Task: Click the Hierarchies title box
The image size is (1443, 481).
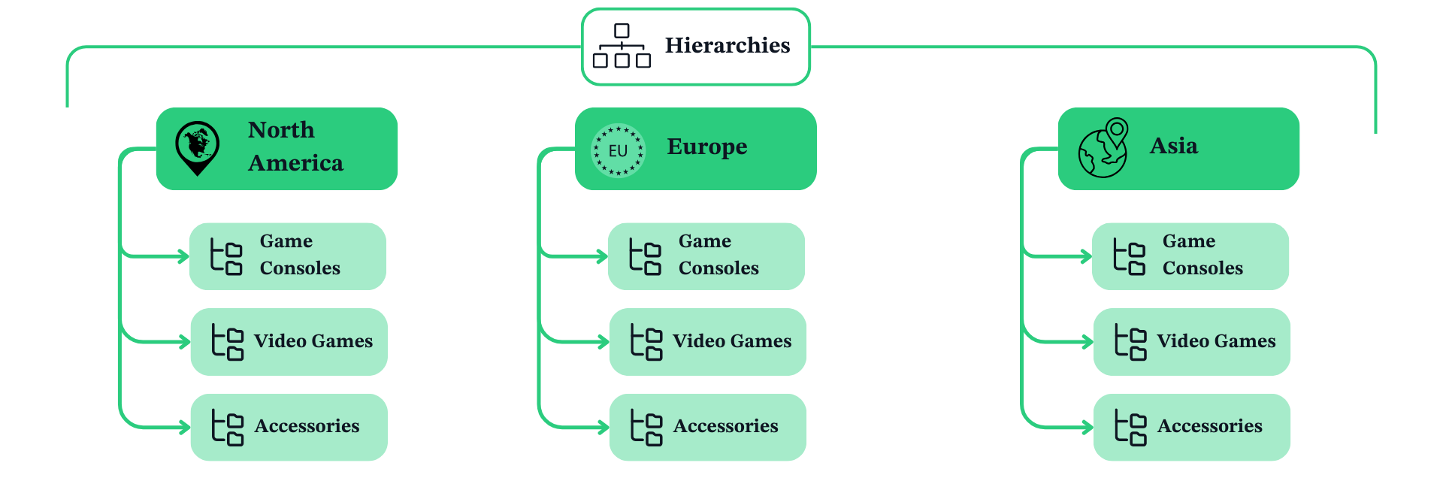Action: pos(696,47)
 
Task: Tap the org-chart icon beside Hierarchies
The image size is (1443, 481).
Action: pos(622,46)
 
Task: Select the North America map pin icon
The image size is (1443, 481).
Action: pos(197,147)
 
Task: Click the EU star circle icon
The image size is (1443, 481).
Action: pos(618,150)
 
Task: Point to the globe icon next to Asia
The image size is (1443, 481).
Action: pos(1103,149)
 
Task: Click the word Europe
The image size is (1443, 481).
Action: pos(706,147)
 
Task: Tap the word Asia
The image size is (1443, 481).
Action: pos(1173,146)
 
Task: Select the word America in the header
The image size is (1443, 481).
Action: pos(295,163)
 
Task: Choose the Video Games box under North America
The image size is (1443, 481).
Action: pos(289,342)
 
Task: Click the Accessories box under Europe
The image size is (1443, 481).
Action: pos(707,427)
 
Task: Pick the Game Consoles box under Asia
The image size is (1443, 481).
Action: pos(1190,256)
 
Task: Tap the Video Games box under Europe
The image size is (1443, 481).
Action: pos(707,342)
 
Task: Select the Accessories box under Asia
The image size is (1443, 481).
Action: pos(1191,427)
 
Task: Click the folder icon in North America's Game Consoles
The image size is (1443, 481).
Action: pos(226,257)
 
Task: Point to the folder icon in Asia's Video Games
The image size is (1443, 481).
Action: pos(1130,342)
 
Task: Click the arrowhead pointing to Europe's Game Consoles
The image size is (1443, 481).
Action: pos(603,257)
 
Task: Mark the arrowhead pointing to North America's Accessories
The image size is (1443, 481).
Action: pos(185,428)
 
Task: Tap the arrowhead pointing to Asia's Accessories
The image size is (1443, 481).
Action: pos(1088,428)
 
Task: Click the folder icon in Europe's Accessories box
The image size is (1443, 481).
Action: pos(646,428)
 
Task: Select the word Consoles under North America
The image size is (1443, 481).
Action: pos(300,268)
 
